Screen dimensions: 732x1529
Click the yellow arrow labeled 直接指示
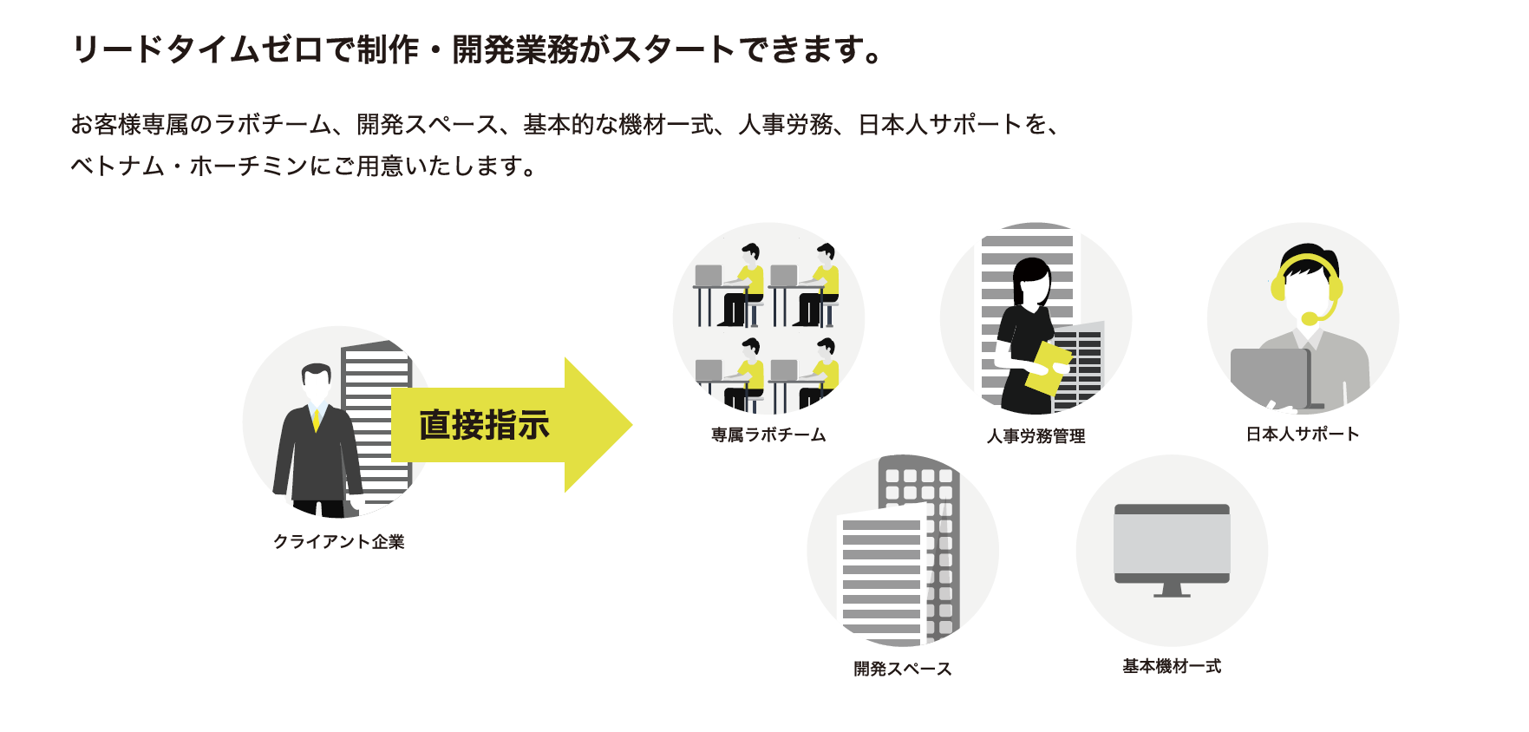point(512,425)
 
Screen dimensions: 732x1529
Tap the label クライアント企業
point(339,542)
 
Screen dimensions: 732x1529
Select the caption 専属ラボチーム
point(768,435)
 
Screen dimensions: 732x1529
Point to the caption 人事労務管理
point(1036,436)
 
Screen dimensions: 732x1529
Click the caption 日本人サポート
point(1303,435)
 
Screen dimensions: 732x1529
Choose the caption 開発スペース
point(903,669)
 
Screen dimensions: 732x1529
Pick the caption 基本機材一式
point(1172,666)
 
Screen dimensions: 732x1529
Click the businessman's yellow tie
point(317,420)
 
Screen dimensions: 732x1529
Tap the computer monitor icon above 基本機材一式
point(1172,544)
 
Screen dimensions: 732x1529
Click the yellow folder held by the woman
point(1047,366)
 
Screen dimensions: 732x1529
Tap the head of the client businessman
point(317,379)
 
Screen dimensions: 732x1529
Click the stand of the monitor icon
point(1172,590)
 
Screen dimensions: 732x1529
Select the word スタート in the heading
point(674,49)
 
